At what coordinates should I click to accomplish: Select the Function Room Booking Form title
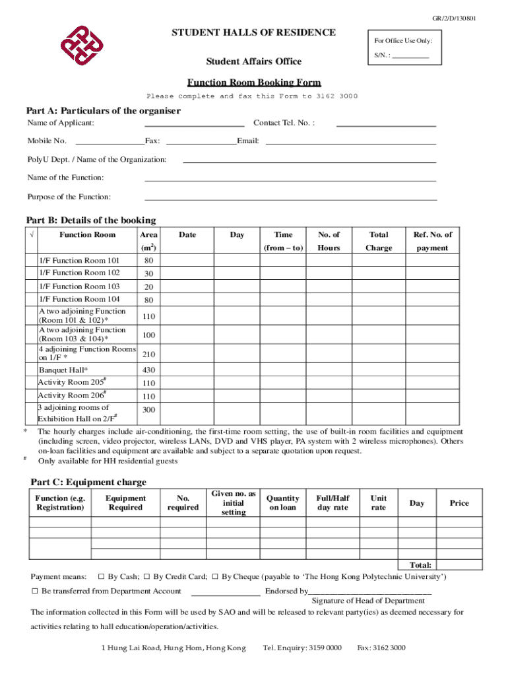[254, 83]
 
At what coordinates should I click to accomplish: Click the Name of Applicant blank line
[194, 123]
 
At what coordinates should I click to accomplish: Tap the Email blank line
[350, 141]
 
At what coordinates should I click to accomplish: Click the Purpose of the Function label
[69, 197]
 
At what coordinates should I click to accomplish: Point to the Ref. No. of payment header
[432, 241]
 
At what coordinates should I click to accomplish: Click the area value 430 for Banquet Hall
[148, 370]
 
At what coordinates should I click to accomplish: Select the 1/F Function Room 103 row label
[79, 287]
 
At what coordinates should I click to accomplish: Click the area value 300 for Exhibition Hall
[148, 410]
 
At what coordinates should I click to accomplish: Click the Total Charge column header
[379, 241]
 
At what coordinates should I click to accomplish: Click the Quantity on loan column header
[282, 503]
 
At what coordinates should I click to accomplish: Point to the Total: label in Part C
[420, 565]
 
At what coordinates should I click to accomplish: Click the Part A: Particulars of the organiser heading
[103, 110]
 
